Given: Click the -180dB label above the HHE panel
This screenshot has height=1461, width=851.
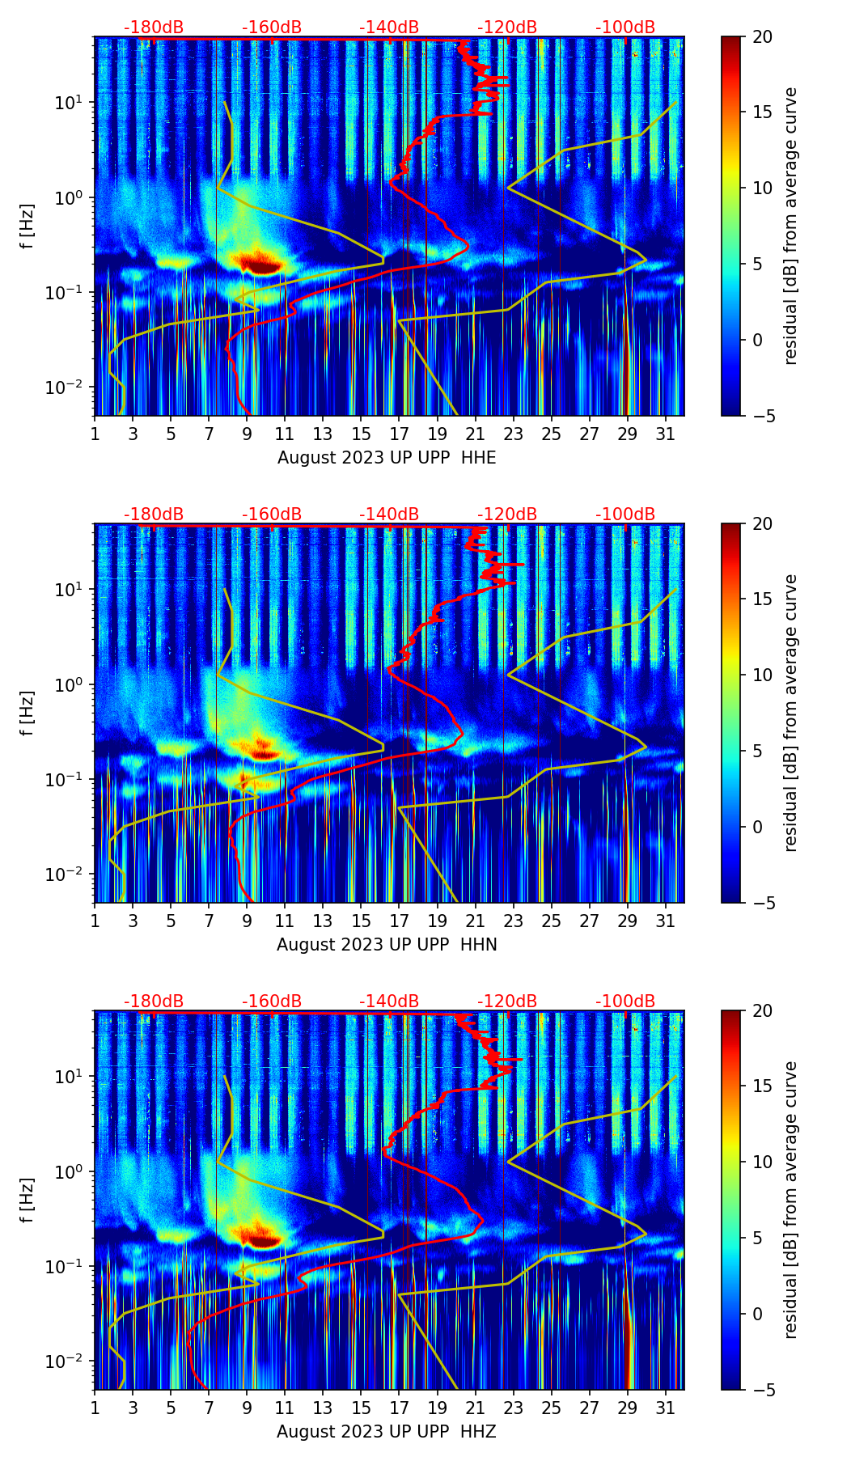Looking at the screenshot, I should point(154,28).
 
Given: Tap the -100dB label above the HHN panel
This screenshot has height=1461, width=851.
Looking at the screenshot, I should point(625,515).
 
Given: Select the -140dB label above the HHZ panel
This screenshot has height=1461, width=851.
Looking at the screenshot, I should point(389,1002).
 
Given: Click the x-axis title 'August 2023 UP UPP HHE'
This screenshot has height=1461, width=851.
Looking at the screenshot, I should point(387,458).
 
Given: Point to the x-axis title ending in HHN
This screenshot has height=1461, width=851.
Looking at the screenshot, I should point(387,945).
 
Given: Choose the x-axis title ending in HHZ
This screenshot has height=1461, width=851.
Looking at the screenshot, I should point(387,1432).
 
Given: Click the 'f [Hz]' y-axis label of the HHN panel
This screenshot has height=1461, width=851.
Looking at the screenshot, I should point(28,713).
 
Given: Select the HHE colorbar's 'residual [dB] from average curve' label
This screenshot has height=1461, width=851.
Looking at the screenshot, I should point(791,226).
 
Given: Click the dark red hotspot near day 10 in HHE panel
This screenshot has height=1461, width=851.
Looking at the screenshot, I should point(260,265).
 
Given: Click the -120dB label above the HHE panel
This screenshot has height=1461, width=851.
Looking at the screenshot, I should point(507,28).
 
